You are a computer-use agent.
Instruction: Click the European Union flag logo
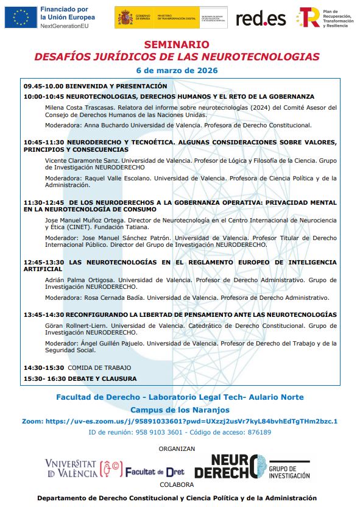click(x=21, y=18)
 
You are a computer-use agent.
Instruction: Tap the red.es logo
click(x=261, y=18)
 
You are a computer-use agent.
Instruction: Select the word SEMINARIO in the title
click(x=177, y=45)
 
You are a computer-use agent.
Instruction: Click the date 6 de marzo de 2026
click(x=177, y=71)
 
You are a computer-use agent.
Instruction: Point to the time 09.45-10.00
click(x=43, y=87)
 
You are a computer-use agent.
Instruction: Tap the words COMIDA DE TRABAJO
click(x=99, y=368)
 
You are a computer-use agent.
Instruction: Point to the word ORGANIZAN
click(x=177, y=448)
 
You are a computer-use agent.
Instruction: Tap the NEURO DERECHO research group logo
click(x=251, y=467)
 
